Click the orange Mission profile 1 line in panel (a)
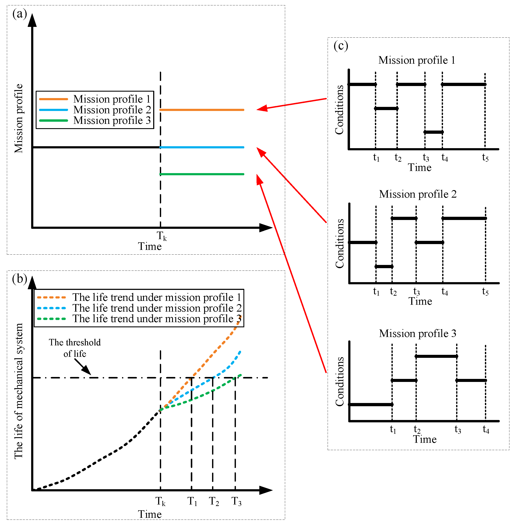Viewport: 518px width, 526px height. point(202,110)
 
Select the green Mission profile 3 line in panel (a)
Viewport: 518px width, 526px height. point(202,174)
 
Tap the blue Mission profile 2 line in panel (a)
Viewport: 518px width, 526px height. point(202,147)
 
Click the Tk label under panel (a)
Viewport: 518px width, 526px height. point(162,236)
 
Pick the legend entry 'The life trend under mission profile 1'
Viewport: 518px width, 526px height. point(157,297)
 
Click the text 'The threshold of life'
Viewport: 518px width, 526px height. point(75,348)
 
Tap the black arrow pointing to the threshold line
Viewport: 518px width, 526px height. point(83,367)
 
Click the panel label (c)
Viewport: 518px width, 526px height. point(341,46)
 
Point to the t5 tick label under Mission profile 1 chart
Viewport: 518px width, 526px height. point(485,158)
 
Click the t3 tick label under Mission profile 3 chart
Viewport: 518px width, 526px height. point(458,430)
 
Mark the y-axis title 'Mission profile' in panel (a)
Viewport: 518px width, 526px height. point(19,118)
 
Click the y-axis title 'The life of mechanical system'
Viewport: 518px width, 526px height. point(19,391)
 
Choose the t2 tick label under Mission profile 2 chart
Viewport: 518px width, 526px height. point(393,292)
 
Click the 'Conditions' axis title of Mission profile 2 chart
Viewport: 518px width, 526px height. point(339,244)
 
